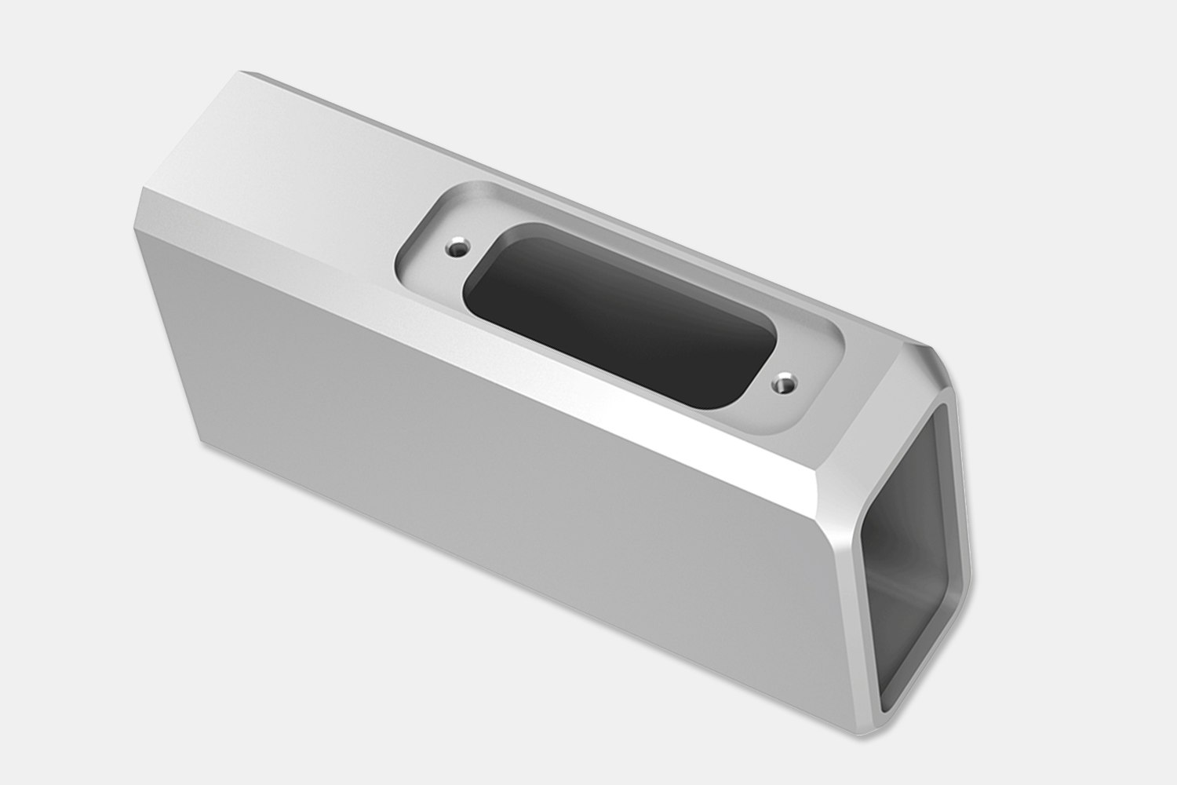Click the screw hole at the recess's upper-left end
(456, 250)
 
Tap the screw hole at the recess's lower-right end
(784, 384)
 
